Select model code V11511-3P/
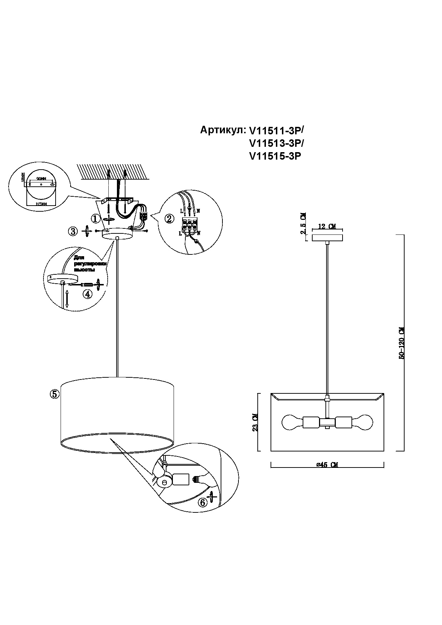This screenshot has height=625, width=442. (277, 131)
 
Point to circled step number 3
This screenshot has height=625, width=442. (73, 231)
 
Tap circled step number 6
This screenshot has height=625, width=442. (202, 502)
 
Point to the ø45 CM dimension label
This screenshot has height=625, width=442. (327, 465)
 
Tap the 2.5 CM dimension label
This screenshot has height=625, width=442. (303, 223)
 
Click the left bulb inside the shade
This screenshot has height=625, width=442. (292, 423)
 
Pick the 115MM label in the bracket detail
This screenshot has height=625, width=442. (41, 204)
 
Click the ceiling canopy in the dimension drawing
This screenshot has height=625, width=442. (327, 237)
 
